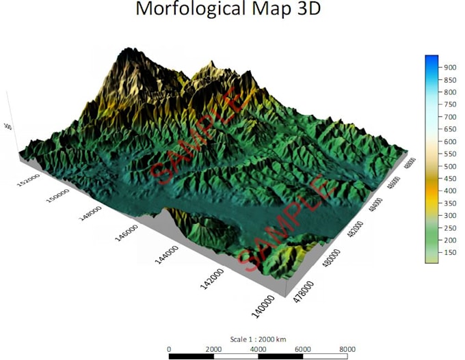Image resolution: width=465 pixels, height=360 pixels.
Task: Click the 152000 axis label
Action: tap(29, 181)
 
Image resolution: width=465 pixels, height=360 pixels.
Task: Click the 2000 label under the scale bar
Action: tap(213, 348)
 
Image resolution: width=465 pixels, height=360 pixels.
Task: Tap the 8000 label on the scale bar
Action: tap(347, 348)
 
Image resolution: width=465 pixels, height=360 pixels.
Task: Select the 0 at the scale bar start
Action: tap(169, 348)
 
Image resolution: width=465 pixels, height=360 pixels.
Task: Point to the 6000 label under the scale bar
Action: tap(302, 348)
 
